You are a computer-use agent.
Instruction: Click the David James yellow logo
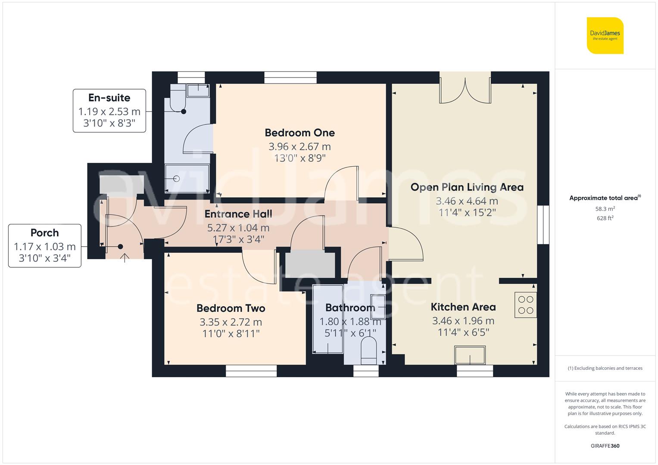[x=605, y=36]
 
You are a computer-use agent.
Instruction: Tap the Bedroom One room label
[x=299, y=133]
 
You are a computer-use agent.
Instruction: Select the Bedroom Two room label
[x=231, y=308]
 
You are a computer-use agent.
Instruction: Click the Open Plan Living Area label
[x=467, y=187]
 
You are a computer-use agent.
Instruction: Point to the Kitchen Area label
[x=463, y=307]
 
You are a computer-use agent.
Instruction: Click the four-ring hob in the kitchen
[x=526, y=305]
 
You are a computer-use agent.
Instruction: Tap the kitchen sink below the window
[x=470, y=355]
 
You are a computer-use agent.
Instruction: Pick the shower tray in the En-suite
[x=187, y=178]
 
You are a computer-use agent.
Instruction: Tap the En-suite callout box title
[x=109, y=98]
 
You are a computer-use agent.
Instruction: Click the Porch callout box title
[x=44, y=233]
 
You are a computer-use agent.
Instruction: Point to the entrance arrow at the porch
[x=125, y=258]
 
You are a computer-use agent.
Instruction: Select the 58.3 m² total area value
[x=605, y=209]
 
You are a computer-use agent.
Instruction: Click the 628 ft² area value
[x=605, y=218]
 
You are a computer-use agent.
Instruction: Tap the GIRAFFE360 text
[x=605, y=446]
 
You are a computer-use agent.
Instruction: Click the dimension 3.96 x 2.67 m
[x=299, y=147]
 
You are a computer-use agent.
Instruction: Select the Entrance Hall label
[x=238, y=214]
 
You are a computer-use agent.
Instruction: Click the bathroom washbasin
[x=377, y=306]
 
